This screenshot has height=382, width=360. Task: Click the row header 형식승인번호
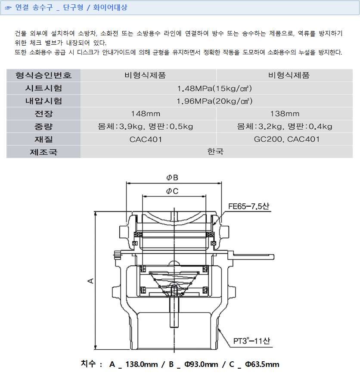(x=43, y=75)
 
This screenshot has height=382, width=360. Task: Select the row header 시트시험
(x=43, y=88)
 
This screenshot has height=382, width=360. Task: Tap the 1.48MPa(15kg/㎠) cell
(x=214, y=88)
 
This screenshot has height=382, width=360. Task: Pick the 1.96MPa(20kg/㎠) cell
(x=214, y=101)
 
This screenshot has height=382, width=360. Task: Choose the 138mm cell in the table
(x=285, y=114)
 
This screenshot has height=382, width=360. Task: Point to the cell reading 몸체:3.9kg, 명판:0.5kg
(x=146, y=127)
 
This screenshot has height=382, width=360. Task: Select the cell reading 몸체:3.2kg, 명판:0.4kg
(x=285, y=127)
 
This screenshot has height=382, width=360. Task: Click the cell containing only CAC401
(x=146, y=139)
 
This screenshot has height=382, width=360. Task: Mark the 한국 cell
(x=215, y=152)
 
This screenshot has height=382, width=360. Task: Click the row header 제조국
(x=43, y=152)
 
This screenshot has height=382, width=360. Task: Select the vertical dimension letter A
(x=91, y=281)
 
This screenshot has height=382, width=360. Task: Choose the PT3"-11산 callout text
(x=251, y=341)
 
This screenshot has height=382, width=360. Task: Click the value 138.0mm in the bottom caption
(x=141, y=364)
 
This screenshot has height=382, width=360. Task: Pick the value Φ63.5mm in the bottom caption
(x=262, y=364)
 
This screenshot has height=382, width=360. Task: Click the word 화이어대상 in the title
(x=110, y=7)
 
